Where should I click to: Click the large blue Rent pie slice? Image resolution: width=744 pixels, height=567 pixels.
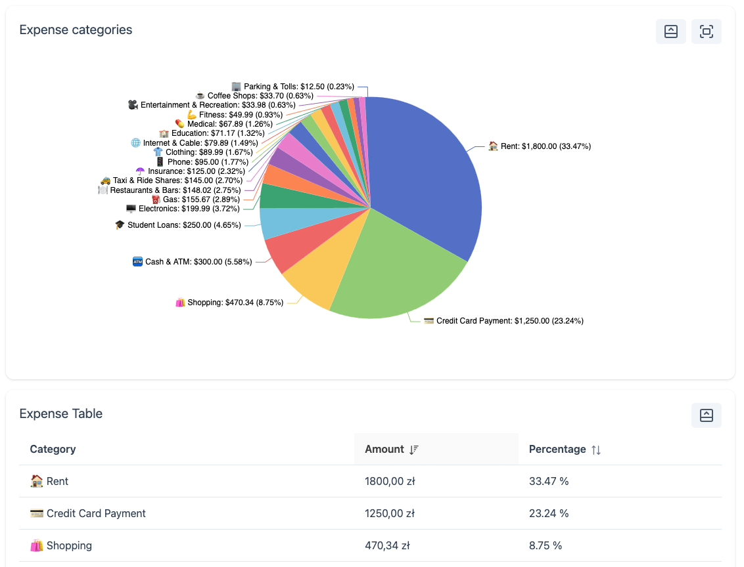[427, 177]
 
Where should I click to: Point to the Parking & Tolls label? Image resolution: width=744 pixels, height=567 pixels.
[298, 87]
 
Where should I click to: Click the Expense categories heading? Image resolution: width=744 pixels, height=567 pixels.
[76, 30]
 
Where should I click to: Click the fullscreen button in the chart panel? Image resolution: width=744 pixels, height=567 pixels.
[706, 31]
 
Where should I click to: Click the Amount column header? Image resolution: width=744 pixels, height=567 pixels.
[384, 450]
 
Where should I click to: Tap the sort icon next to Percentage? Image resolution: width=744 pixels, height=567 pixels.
[596, 450]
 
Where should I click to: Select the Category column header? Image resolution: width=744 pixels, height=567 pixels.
[53, 450]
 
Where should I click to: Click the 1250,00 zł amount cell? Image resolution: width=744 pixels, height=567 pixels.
[390, 514]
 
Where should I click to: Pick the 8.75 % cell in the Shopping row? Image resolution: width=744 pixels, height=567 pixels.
[546, 546]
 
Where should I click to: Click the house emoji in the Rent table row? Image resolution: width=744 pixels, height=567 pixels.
[37, 482]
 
